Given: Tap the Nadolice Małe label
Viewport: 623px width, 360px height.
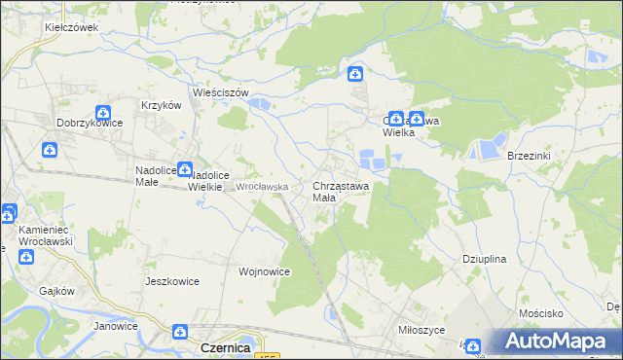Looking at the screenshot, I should [155, 174].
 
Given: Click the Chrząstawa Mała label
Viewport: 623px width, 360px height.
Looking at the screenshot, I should [340, 191].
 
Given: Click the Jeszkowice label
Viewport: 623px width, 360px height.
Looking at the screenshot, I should [171, 281].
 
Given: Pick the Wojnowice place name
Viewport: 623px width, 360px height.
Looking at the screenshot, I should [264, 271].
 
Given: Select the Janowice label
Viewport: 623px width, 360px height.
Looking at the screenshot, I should [116, 326].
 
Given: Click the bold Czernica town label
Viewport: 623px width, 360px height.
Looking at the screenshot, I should [225, 346].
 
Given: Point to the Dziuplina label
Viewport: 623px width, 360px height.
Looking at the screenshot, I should [485, 260].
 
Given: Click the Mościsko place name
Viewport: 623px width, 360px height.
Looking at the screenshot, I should [542, 314].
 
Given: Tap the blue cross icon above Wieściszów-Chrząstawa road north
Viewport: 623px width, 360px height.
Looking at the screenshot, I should [356, 73].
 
